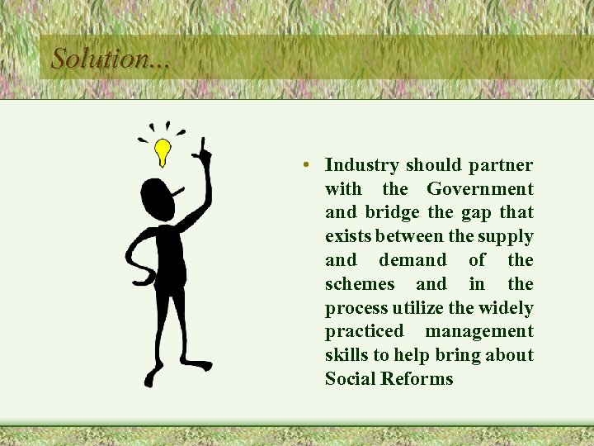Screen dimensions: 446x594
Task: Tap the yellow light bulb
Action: coord(163,151)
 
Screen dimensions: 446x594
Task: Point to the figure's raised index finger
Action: coord(202,149)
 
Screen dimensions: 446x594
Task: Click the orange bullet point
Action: coord(306,166)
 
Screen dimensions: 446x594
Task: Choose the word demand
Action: coord(412,261)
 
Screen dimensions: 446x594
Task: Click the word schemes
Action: coord(360,285)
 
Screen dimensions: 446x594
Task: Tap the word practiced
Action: coord(365,332)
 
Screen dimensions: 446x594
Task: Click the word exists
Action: coord(348,237)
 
